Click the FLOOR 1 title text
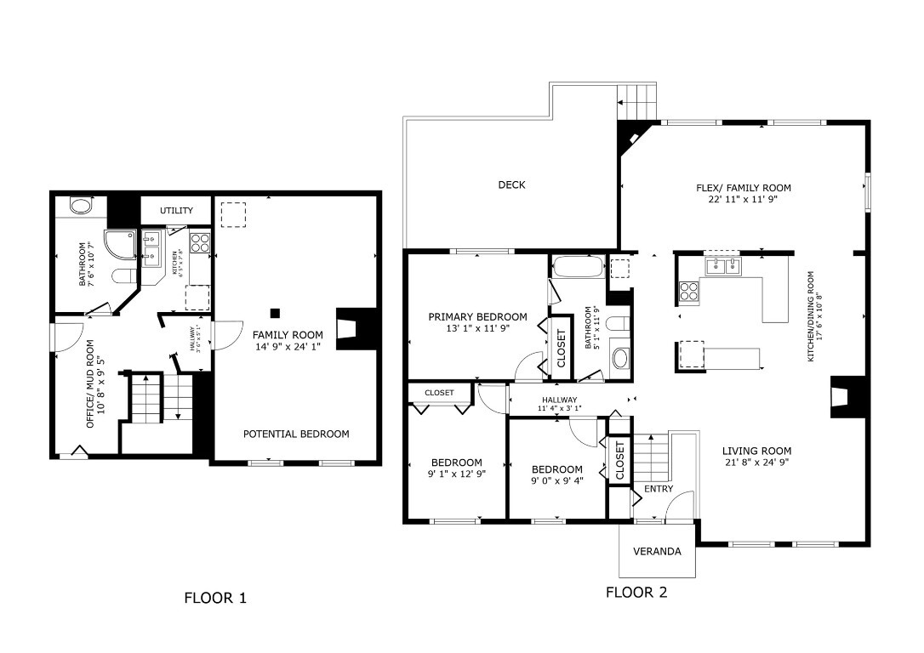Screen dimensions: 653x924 tap(215, 598)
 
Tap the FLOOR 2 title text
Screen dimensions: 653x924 tap(636, 593)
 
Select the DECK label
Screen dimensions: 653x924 tap(511, 185)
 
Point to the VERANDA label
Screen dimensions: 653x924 tap(657, 551)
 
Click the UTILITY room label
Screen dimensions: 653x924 tap(176, 210)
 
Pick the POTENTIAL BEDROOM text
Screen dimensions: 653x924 tap(296, 434)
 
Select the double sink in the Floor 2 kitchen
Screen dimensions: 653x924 tap(722, 266)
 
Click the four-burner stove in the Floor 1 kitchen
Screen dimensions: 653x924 tap(199, 243)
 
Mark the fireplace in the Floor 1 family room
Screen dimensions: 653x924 tap(351, 329)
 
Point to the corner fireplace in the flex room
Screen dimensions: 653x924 tap(632, 137)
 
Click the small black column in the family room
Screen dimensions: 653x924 tap(275, 312)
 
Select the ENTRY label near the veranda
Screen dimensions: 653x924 tap(658, 489)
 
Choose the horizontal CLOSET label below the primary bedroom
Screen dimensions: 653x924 tap(439, 393)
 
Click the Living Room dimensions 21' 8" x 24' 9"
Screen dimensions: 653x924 tap(756, 463)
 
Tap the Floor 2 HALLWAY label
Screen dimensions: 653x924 tap(559, 400)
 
